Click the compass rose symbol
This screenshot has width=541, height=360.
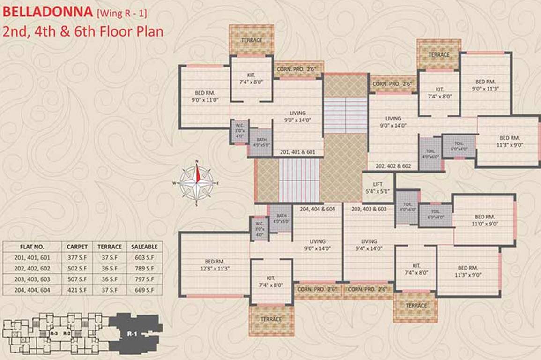click(x=197, y=183)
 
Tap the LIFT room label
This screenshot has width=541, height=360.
click(x=378, y=187)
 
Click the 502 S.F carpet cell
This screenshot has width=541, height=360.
click(x=77, y=268)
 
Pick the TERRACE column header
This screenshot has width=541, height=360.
click(x=110, y=247)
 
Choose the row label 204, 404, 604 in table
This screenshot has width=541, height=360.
click(x=32, y=290)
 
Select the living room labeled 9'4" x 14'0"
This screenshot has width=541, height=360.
click(x=369, y=245)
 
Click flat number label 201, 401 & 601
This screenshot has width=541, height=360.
click(x=297, y=152)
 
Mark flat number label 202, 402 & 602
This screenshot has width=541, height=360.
click(x=393, y=166)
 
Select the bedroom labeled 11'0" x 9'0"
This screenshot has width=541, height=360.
click(x=485, y=220)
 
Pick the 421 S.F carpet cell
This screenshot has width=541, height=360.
click(x=77, y=290)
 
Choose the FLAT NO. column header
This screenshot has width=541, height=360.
click(x=32, y=247)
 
